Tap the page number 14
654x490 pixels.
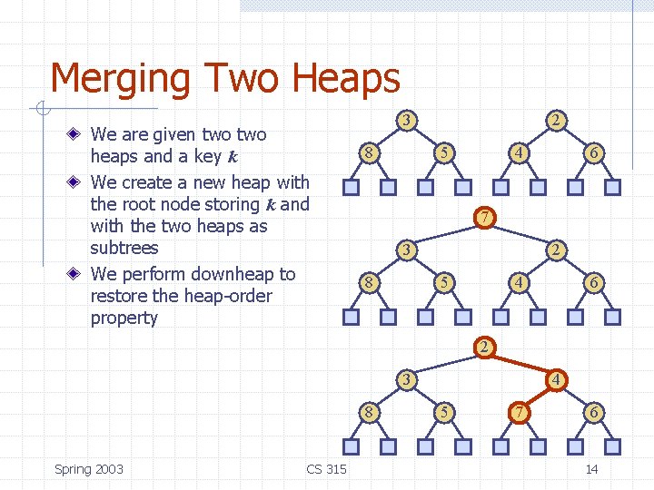591,469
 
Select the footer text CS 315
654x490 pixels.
326,469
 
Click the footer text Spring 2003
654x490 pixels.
89,469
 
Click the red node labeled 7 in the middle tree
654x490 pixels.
486,218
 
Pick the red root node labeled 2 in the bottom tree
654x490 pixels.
486,348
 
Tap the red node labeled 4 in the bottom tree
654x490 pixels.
556,379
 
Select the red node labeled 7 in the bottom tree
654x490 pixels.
517,413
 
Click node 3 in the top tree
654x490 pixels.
409,120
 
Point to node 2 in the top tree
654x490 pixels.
556,120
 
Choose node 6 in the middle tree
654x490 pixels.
593,282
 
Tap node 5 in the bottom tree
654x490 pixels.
442,413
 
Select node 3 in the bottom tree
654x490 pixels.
409,379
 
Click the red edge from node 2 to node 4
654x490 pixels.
521,363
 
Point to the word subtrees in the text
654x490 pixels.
124,248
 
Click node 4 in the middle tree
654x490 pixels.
517,282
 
